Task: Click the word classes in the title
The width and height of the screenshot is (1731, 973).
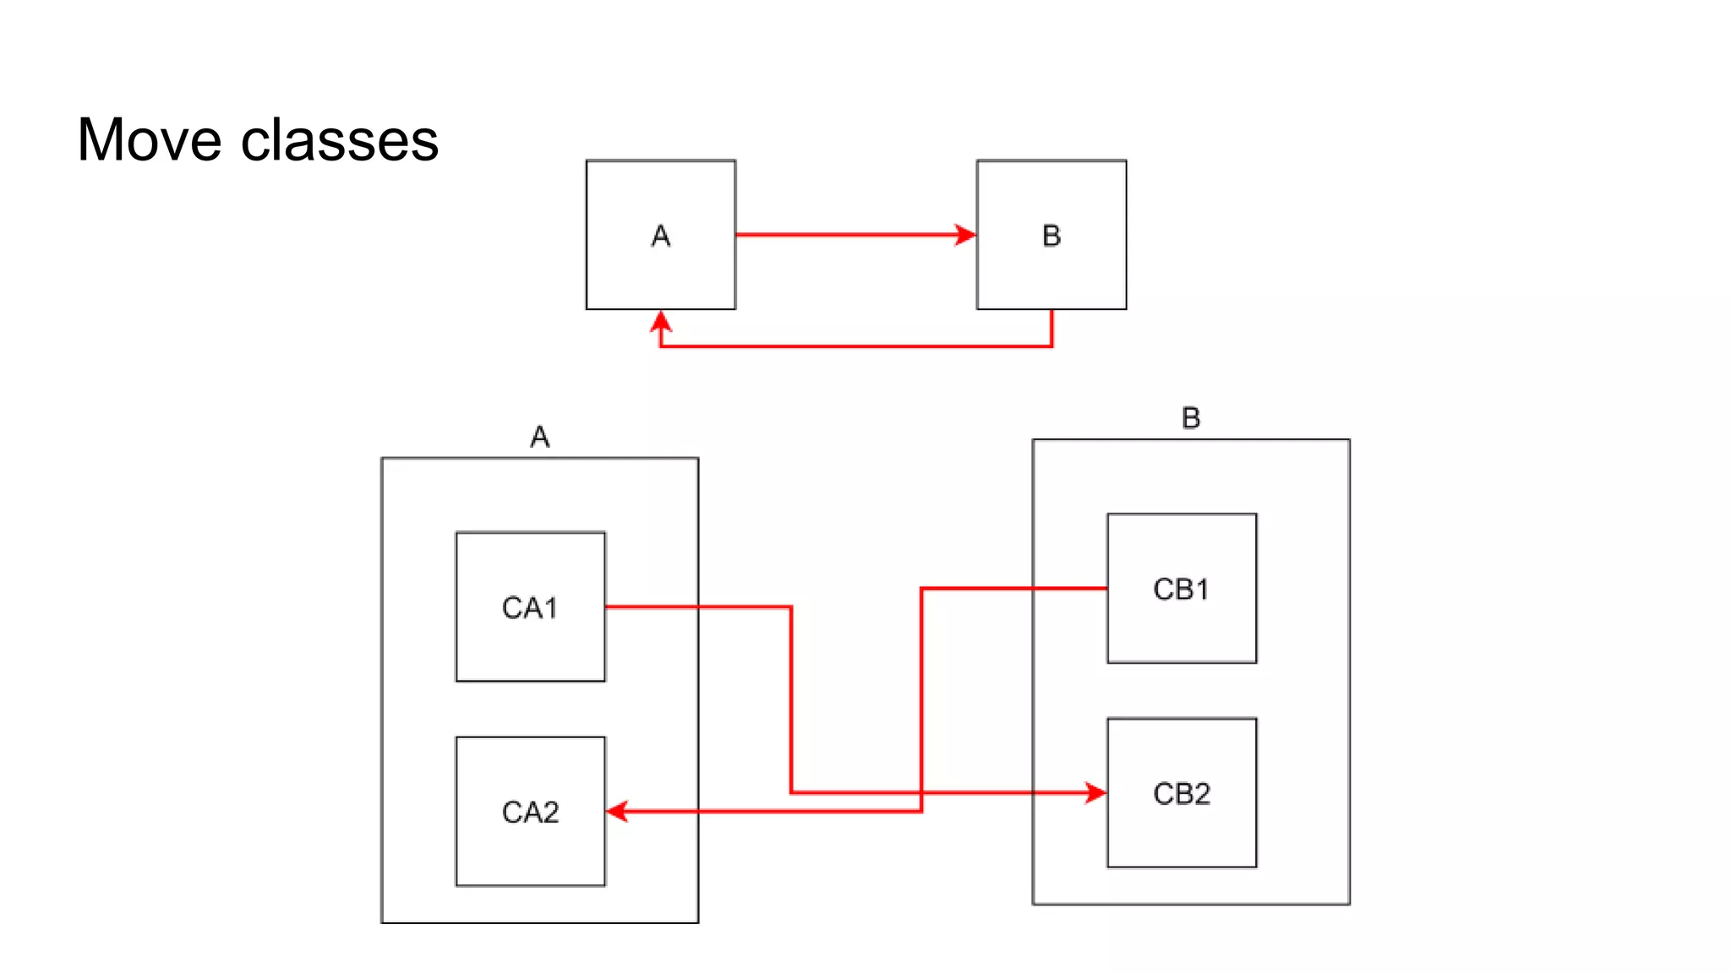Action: (x=340, y=139)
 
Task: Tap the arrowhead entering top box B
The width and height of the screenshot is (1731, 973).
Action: (x=965, y=235)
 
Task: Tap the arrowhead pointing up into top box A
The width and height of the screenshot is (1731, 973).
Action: (x=660, y=322)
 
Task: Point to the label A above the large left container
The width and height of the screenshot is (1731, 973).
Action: (x=539, y=437)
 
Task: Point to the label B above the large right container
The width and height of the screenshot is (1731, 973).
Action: (x=1190, y=417)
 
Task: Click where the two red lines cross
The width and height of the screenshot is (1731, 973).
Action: (x=921, y=792)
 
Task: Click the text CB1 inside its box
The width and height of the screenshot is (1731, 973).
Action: (x=1181, y=589)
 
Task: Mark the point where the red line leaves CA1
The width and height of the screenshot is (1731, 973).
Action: (x=607, y=606)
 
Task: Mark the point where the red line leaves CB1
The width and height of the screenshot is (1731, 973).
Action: (x=1106, y=588)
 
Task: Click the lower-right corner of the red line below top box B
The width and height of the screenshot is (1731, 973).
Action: (x=1051, y=346)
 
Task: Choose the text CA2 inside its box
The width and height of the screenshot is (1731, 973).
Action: (x=530, y=813)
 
